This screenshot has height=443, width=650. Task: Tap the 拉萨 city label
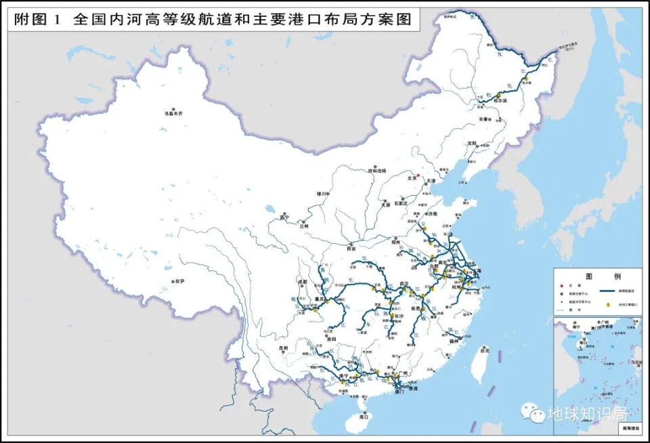179,281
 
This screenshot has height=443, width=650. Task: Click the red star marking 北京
418,175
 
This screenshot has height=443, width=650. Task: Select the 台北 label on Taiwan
483,351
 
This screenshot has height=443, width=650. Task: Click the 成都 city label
302,281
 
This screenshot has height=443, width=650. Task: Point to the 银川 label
322,193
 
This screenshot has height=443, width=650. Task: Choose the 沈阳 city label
471,144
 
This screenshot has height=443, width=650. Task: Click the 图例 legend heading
598,277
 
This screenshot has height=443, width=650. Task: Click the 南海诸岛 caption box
629,429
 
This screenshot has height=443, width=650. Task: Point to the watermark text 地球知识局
587,413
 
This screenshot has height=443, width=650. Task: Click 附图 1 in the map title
37,20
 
